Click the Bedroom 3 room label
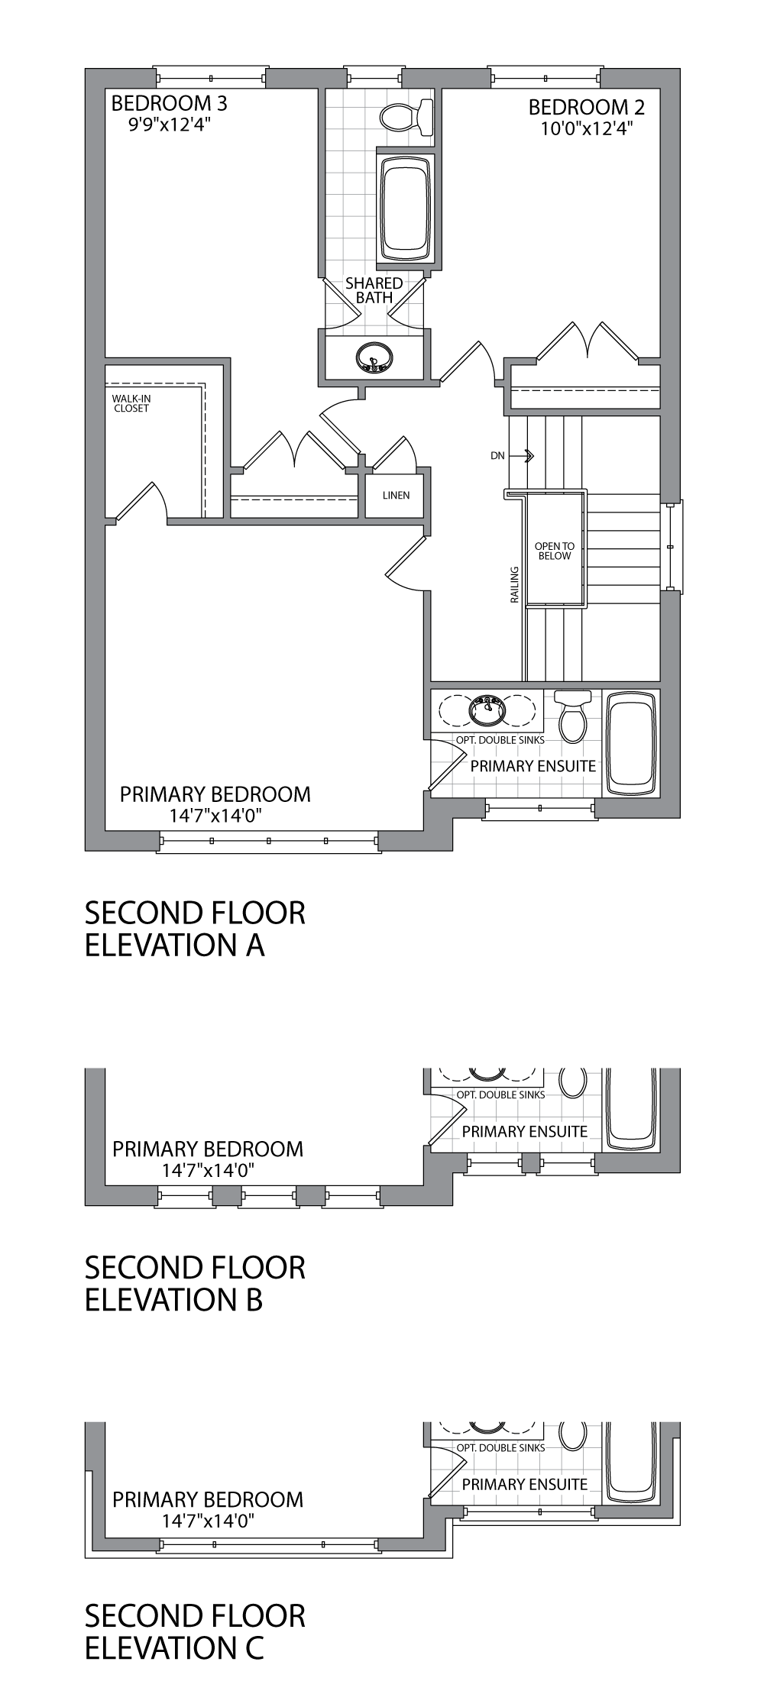click(170, 102)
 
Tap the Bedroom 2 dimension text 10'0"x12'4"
click(587, 128)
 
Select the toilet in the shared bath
click(406, 117)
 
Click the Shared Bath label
click(374, 290)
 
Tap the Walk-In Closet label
click(131, 403)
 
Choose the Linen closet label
click(397, 495)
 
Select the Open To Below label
click(554, 551)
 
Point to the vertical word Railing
click(515, 585)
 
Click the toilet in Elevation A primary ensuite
click(572, 716)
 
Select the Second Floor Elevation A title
click(195, 929)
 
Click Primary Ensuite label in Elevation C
click(525, 1484)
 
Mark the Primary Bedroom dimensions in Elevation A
click(216, 816)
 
